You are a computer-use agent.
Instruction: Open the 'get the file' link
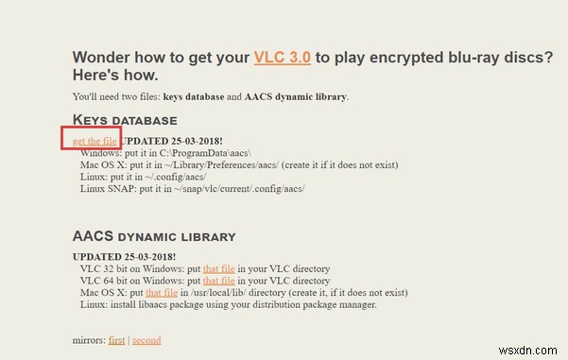[95, 140]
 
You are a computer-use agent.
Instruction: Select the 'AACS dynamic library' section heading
[154, 235]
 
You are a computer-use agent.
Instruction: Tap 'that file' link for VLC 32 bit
[218, 268]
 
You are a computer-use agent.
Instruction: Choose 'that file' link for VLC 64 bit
[218, 281]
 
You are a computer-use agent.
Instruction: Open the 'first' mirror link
[116, 339]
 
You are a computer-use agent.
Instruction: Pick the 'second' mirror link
[146, 339]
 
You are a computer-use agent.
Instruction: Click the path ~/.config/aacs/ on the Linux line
[177, 177]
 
